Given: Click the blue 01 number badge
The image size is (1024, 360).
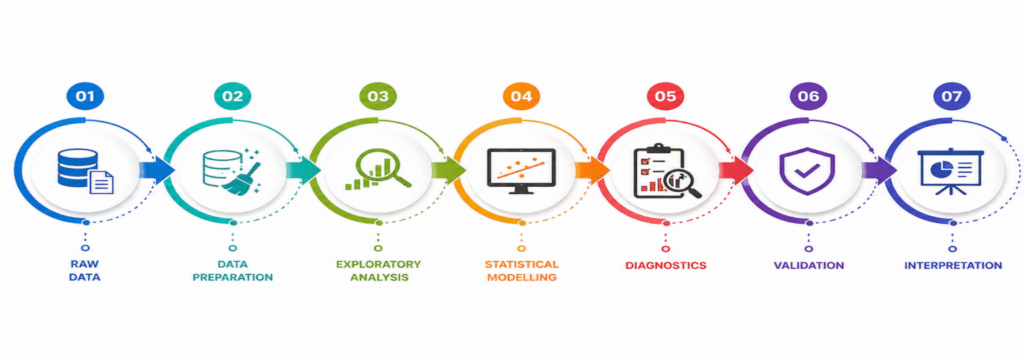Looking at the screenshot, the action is point(85,97).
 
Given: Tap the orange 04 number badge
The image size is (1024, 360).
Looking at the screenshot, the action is point(521,97).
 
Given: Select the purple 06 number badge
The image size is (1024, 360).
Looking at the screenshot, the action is point(808,97).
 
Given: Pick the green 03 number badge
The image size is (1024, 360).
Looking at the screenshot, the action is point(378,97).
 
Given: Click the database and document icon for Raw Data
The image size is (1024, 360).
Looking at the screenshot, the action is point(85,171).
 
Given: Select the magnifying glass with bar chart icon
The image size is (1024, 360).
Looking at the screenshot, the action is point(378,170).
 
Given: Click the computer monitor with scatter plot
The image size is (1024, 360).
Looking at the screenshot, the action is point(521,171).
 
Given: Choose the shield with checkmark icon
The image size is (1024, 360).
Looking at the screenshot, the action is point(807,170).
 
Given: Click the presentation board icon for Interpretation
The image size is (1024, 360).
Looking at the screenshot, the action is point(952,172).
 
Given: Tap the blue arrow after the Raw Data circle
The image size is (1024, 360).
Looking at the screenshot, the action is point(157,171).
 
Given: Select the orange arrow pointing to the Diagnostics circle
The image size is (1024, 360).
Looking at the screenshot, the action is point(592,171).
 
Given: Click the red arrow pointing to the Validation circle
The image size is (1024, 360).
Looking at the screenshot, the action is point(736,171).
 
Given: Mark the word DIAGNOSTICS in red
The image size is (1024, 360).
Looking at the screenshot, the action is point(665,266).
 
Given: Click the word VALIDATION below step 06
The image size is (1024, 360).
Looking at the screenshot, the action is point(808,266).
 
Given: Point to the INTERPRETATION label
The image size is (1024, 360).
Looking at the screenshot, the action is point(953,266).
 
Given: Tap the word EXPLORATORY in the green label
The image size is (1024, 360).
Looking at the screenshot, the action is point(378,265).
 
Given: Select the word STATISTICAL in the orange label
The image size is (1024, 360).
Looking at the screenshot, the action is point(521,265).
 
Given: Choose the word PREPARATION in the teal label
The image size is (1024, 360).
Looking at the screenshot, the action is point(232,277).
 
